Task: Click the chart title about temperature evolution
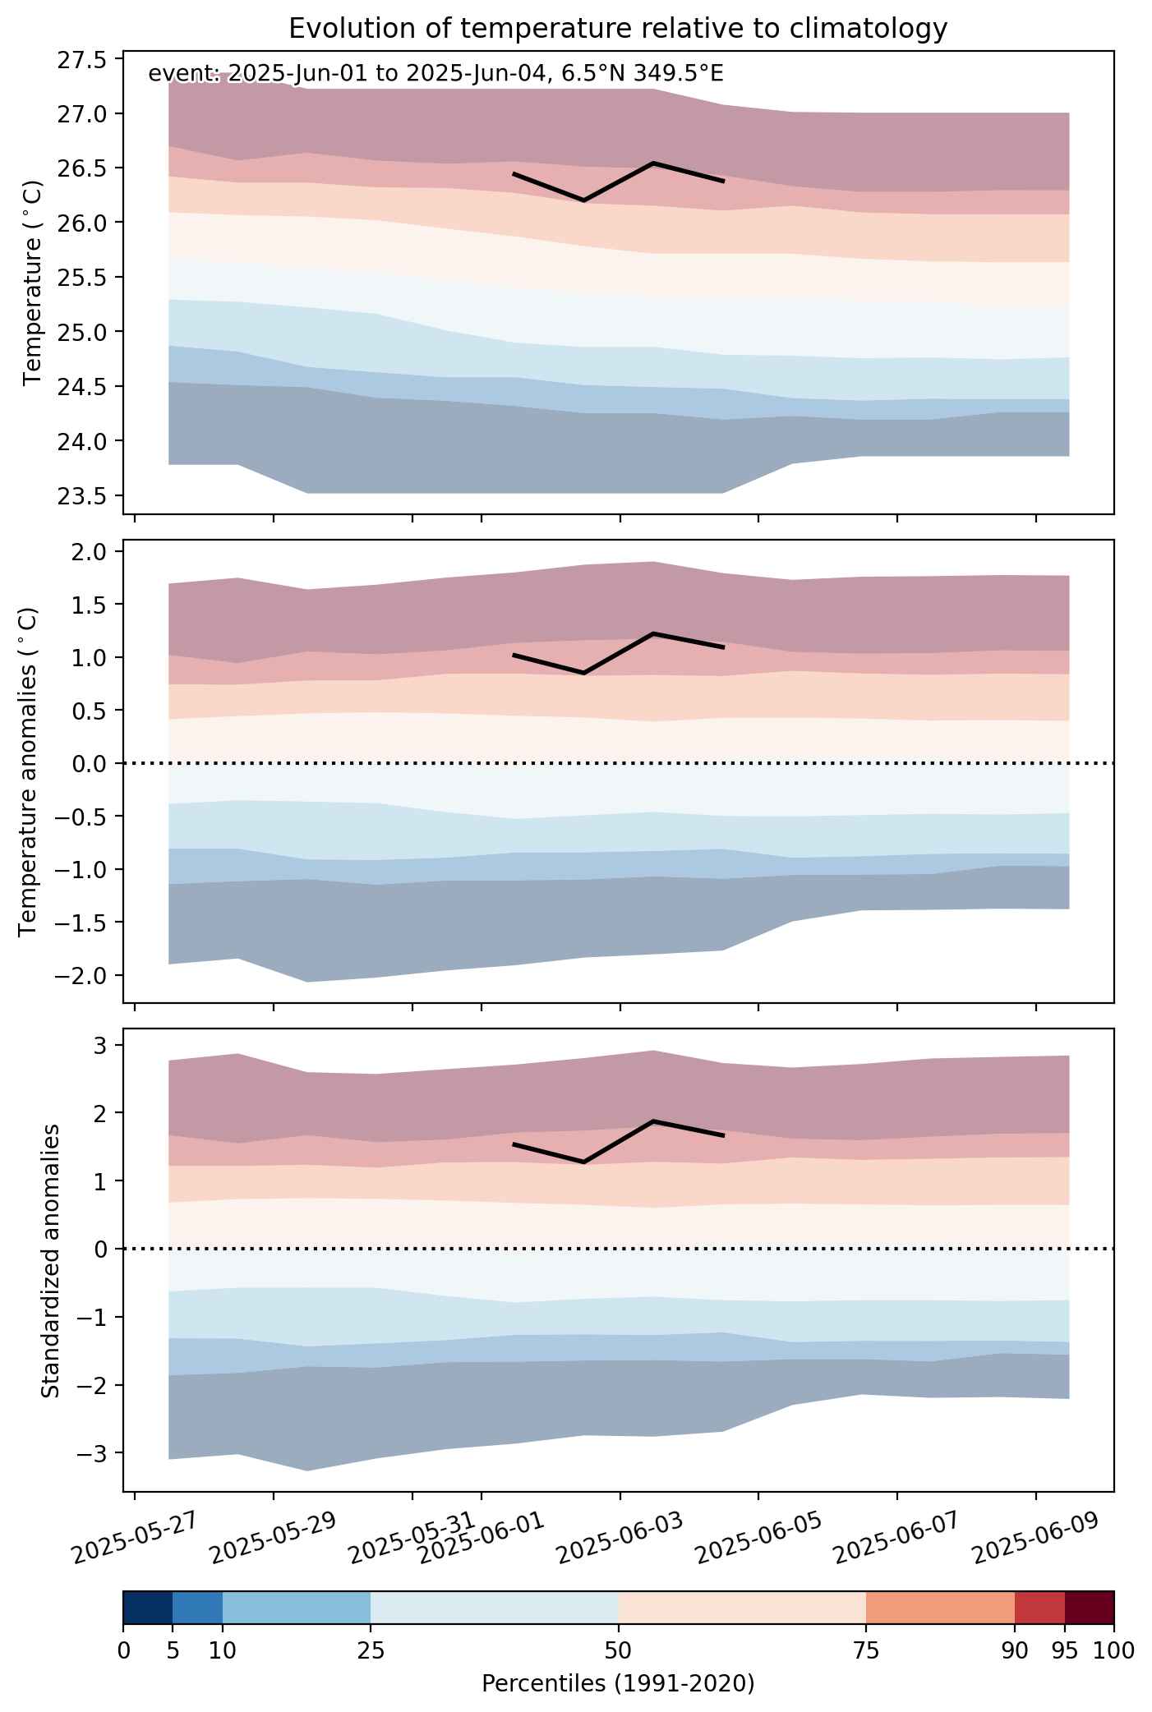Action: pos(618,29)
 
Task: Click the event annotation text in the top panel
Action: pos(435,74)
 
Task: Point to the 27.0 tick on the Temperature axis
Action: pos(81,113)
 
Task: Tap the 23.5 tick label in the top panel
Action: pos(81,496)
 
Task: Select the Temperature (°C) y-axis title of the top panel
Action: pos(33,283)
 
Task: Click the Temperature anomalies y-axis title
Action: pos(30,771)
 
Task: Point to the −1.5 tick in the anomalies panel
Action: pos(81,923)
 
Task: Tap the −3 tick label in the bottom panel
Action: pos(92,1453)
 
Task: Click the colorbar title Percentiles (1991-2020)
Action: pos(618,1683)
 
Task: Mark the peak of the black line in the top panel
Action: pos(653,163)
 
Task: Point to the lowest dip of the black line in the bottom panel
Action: pos(583,1162)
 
